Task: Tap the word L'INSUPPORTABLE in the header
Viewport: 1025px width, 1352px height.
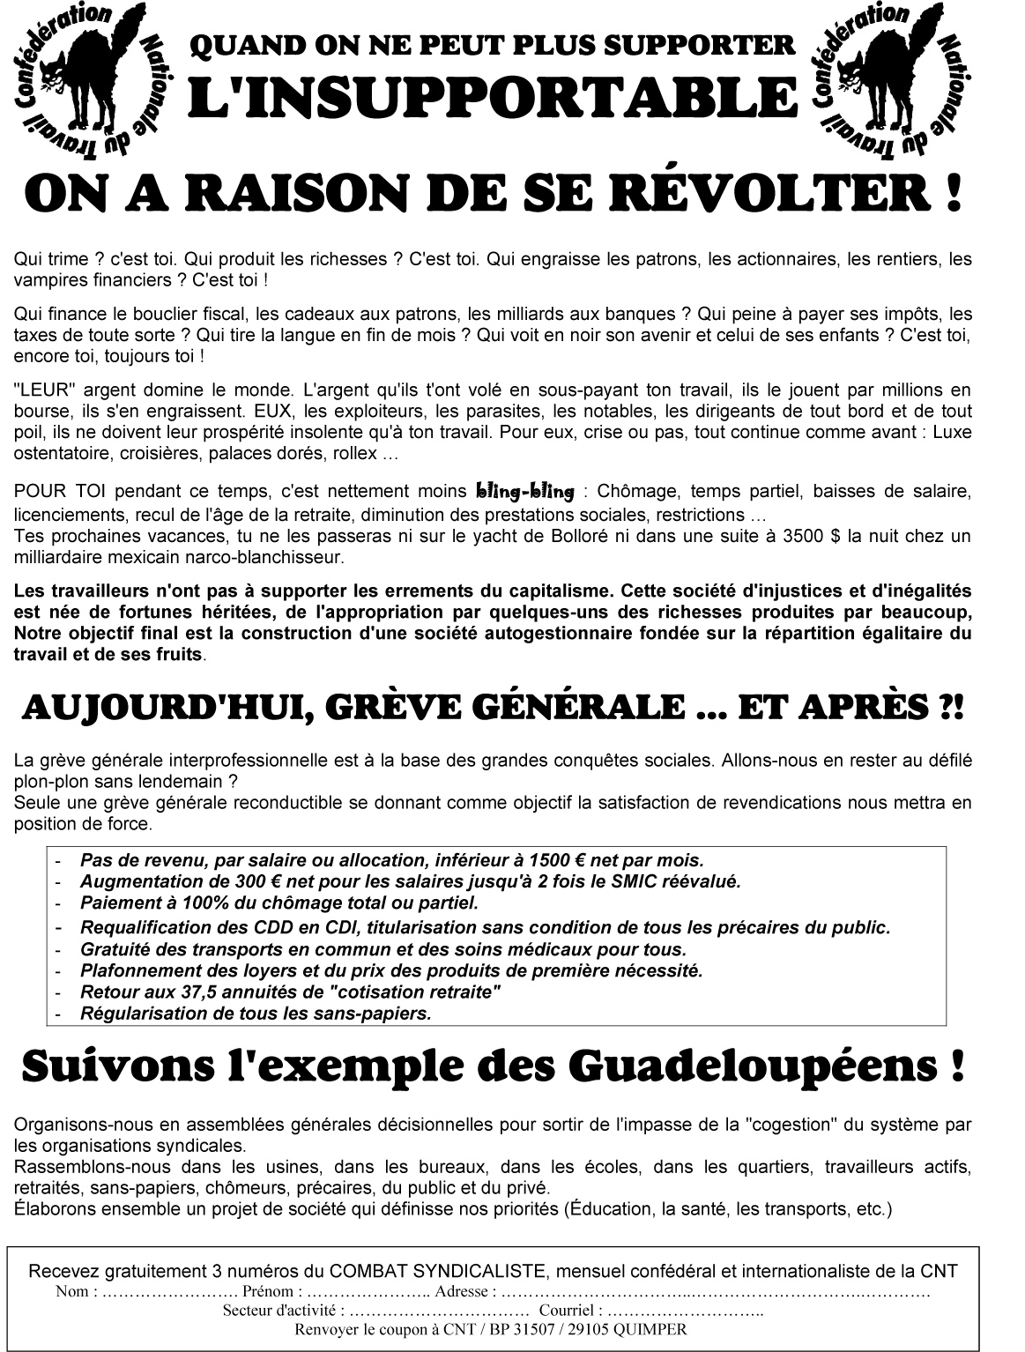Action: point(494,97)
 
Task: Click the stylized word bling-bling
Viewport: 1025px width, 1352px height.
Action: point(524,491)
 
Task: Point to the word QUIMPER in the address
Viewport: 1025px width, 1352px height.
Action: point(653,1330)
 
